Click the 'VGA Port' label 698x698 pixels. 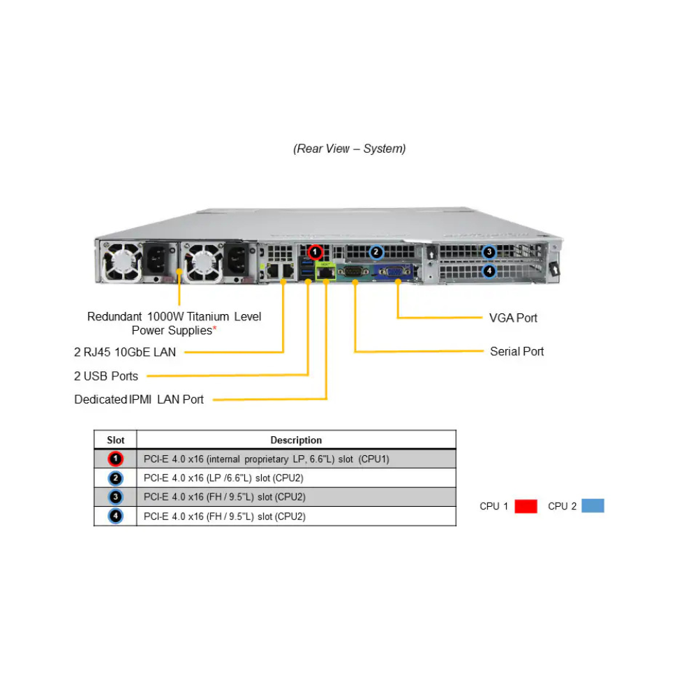[x=513, y=318]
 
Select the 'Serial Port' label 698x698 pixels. [x=517, y=351]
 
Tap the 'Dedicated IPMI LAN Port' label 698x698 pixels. [x=139, y=399]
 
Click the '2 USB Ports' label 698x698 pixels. [x=106, y=376]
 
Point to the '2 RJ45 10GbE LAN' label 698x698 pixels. [x=125, y=352]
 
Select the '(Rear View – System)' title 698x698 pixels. [x=349, y=149]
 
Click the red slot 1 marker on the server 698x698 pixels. [x=315, y=251]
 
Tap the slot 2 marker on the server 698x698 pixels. [x=376, y=251]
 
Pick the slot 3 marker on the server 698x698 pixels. [x=489, y=252]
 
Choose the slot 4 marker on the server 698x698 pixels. [x=489, y=270]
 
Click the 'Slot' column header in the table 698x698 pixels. [x=116, y=440]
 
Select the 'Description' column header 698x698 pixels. [x=296, y=440]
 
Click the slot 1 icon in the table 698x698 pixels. [x=116, y=459]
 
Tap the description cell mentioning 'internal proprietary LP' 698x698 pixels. [x=266, y=459]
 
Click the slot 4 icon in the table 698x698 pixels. [x=116, y=517]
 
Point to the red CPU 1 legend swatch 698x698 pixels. [x=526, y=506]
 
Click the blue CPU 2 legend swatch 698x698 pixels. [x=593, y=506]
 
